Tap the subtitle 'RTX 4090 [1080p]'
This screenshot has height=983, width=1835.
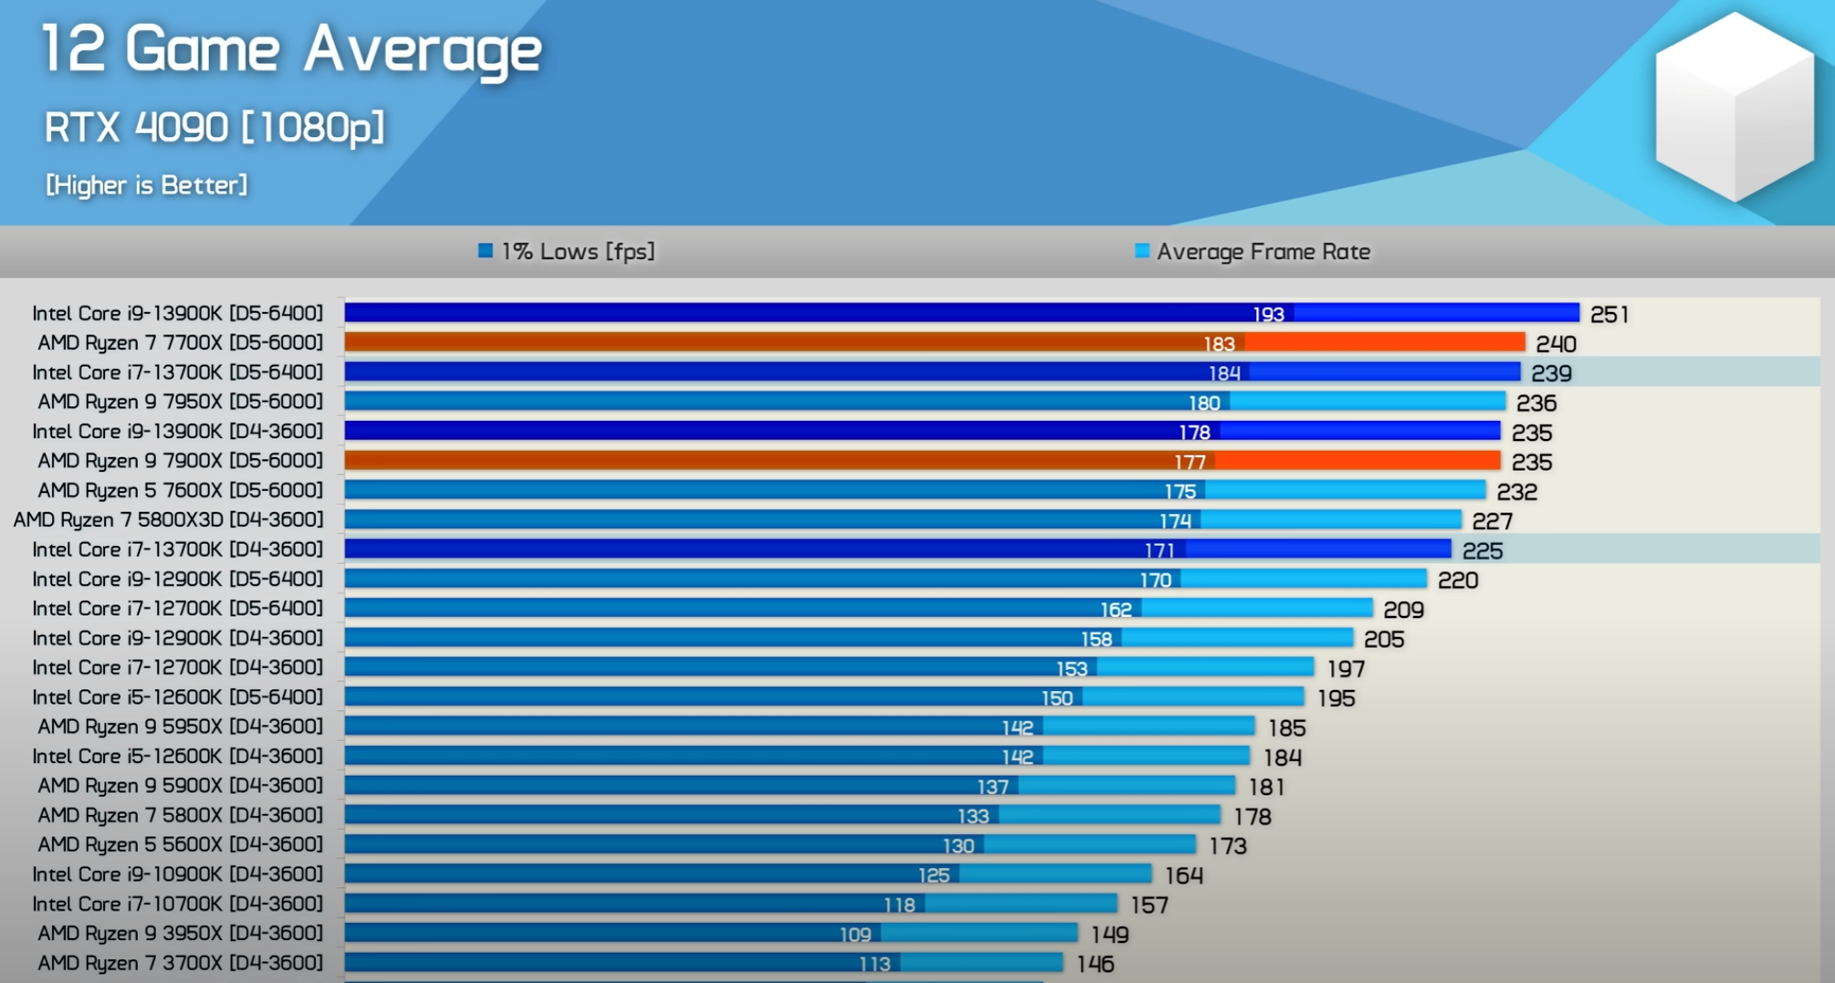(x=215, y=127)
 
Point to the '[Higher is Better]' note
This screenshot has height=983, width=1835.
(x=146, y=185)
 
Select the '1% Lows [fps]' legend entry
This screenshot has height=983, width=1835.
(x=567, y=252)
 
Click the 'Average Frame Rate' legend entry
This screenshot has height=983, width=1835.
(x=1253, y=252)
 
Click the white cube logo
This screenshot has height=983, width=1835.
(x=1735, y=107)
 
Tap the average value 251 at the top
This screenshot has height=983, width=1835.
(x=1609, y=315)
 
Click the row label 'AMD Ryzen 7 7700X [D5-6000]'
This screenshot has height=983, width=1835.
(x=180, y=342)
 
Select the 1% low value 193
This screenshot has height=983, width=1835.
(x=1268, y=315)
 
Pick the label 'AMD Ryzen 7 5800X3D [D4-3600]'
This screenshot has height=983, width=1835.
(x=168, y=520)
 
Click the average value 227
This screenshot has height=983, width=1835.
(x=1492, y=521)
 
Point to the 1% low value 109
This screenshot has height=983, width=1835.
(x=855, y=935)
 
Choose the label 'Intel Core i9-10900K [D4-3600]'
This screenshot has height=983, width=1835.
(x=177, y=874)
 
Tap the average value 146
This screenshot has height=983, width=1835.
(x=1095, y=964)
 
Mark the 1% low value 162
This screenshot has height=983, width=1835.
(x=1116, y=610)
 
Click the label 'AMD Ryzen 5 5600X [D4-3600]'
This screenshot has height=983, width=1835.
(x=180, y=844)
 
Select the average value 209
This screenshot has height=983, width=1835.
(x=1403, y=610)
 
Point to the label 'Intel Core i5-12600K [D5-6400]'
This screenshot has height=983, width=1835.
(x=177, y=697)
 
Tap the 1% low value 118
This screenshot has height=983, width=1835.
(x=899, y=905)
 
